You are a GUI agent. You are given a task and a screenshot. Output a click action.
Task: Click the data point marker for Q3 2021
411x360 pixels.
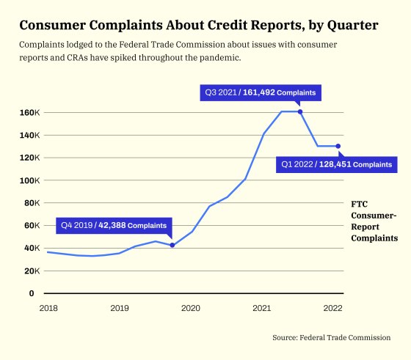coord(300,111)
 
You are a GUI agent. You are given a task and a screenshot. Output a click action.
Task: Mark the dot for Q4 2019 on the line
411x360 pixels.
coord(172,245)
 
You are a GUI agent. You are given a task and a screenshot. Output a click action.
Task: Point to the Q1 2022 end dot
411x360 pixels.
coord(338,146)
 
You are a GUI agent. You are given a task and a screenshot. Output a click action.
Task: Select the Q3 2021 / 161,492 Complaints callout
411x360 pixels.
coord(261,93)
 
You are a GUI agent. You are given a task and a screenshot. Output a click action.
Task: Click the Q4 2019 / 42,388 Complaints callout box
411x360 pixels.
coord(114,225)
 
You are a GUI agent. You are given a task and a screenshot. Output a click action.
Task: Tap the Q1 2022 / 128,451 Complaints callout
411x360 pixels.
coord(337,165)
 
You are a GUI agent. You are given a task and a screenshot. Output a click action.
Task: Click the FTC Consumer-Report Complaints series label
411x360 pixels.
coord(374,221)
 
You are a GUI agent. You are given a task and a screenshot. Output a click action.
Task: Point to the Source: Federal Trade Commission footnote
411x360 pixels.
coord(331,337)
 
